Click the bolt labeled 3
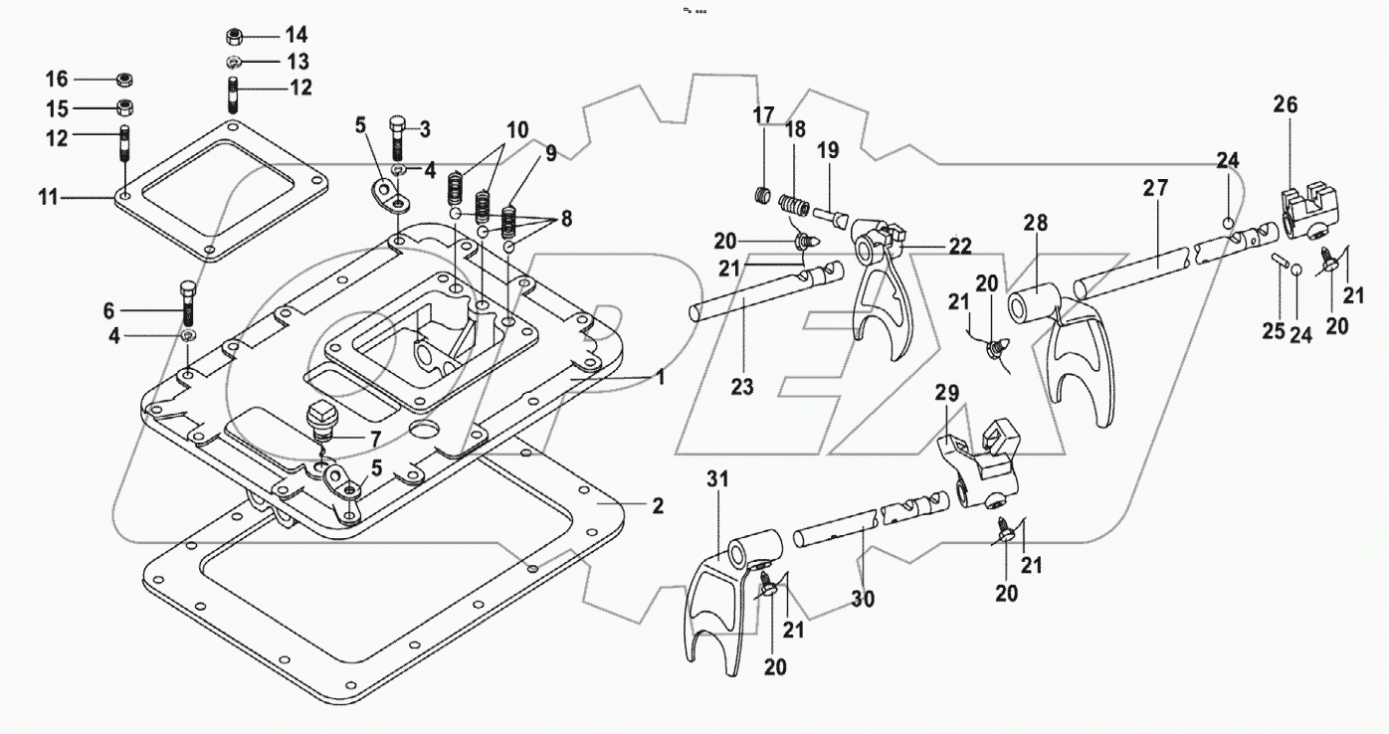point(396,137)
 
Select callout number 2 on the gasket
point(656,506)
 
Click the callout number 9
point(550,153)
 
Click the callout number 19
point(828,151)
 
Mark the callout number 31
point(718,479)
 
